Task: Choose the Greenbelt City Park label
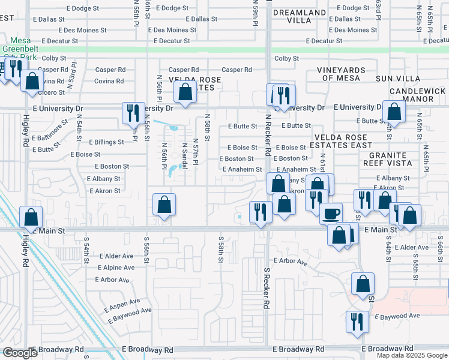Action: point(19,53)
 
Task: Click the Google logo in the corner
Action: point(20,352)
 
